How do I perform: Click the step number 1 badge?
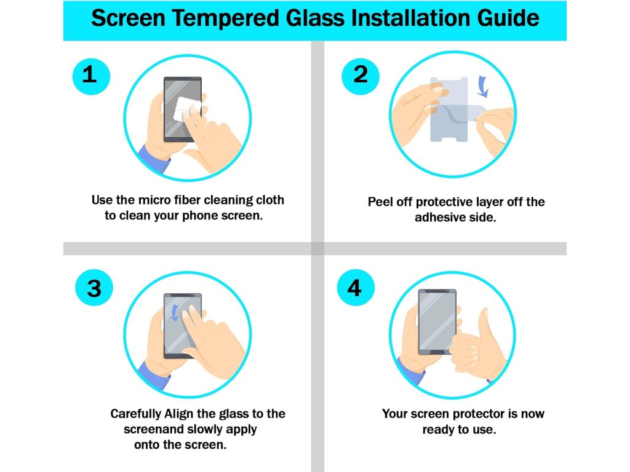pyautogui.click(x=91, y=76)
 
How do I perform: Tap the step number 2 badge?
pyautogui.click(x=361, y=76)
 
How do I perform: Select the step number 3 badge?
pyautogui.click(x=94, y=288)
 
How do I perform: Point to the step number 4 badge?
pyautogui.click(x=355, y=288)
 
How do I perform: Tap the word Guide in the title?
pyautogui.click(x=508, y=18)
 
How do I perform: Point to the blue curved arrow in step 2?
pyautogui.click(x=482, y=86)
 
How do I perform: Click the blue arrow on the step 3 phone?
pyautogui.click(x=175, y=313)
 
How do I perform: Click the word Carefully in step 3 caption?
pyautogui.click(x=136, y=414)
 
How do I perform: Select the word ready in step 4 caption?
pyautogui.click(x=436, y=430)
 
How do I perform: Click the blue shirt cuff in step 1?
pyautogui.click(x=153, y=159)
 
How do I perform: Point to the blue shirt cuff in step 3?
pyautogui.click(x=153, y=376)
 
